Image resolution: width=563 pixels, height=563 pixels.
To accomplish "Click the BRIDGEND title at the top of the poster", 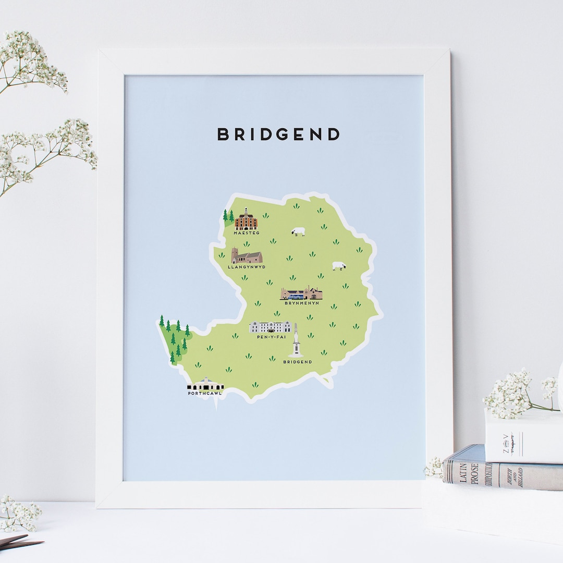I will tap(278, 134).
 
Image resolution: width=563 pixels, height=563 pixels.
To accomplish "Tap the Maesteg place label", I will tap(246, 233).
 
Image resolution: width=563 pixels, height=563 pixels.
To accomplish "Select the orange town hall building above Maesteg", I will tap(246, 221).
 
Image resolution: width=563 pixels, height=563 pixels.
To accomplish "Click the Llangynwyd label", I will tap(247, 267).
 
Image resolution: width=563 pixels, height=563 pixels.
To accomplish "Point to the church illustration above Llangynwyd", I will tap(247, 256).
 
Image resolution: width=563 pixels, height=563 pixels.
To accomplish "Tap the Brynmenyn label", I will tap(301, 303).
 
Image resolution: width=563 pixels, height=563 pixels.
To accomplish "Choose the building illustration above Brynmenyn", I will tap(301, 293).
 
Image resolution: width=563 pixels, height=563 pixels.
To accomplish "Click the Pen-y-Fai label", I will tap(270, 337).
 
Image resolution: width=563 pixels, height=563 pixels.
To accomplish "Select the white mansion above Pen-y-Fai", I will tap(270, 327).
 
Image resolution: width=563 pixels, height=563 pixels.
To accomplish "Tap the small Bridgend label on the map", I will tap(297, 362).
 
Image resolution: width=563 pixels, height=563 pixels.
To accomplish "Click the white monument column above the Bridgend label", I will tap(296, 342).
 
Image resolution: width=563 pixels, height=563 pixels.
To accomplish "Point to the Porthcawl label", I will tap(205, 394).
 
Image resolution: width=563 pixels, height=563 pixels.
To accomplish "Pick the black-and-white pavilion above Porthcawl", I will tap(205, 385).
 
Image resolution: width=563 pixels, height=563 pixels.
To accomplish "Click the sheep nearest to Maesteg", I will tap(298, 231).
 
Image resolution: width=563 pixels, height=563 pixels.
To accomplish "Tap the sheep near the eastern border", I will tap(339, 266).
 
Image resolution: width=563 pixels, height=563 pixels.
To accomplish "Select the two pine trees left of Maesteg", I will tap(228, 215).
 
